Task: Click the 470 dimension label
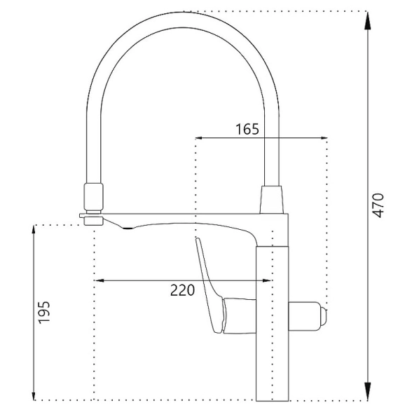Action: click(378, 205)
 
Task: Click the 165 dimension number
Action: click(247, 129)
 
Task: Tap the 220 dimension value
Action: click(183, 290)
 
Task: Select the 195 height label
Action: click(44, 313)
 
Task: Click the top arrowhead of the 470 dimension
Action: click(367, 21)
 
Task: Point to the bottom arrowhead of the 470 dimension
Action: click(367, 391)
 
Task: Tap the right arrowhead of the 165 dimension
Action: click(321, 138)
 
